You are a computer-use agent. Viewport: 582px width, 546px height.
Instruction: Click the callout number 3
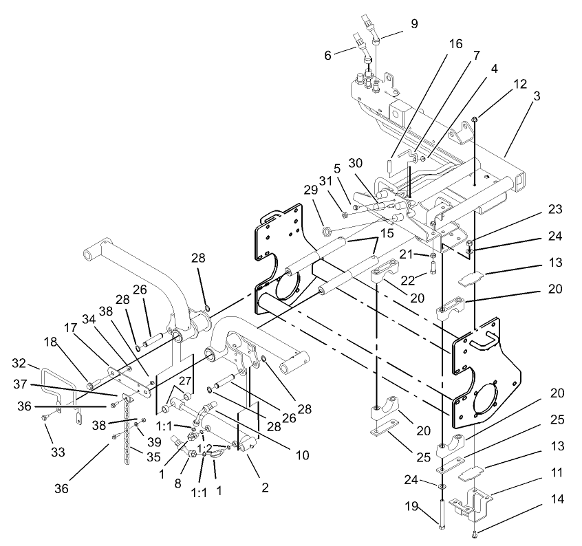(536, 96)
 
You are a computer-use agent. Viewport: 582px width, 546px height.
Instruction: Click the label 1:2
(205, 448)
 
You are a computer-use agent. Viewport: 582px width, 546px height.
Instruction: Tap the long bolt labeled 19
(441, 509)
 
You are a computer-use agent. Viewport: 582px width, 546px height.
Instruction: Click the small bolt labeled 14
(474, 532)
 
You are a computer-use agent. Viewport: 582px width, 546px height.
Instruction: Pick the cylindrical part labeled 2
(245, 448)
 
